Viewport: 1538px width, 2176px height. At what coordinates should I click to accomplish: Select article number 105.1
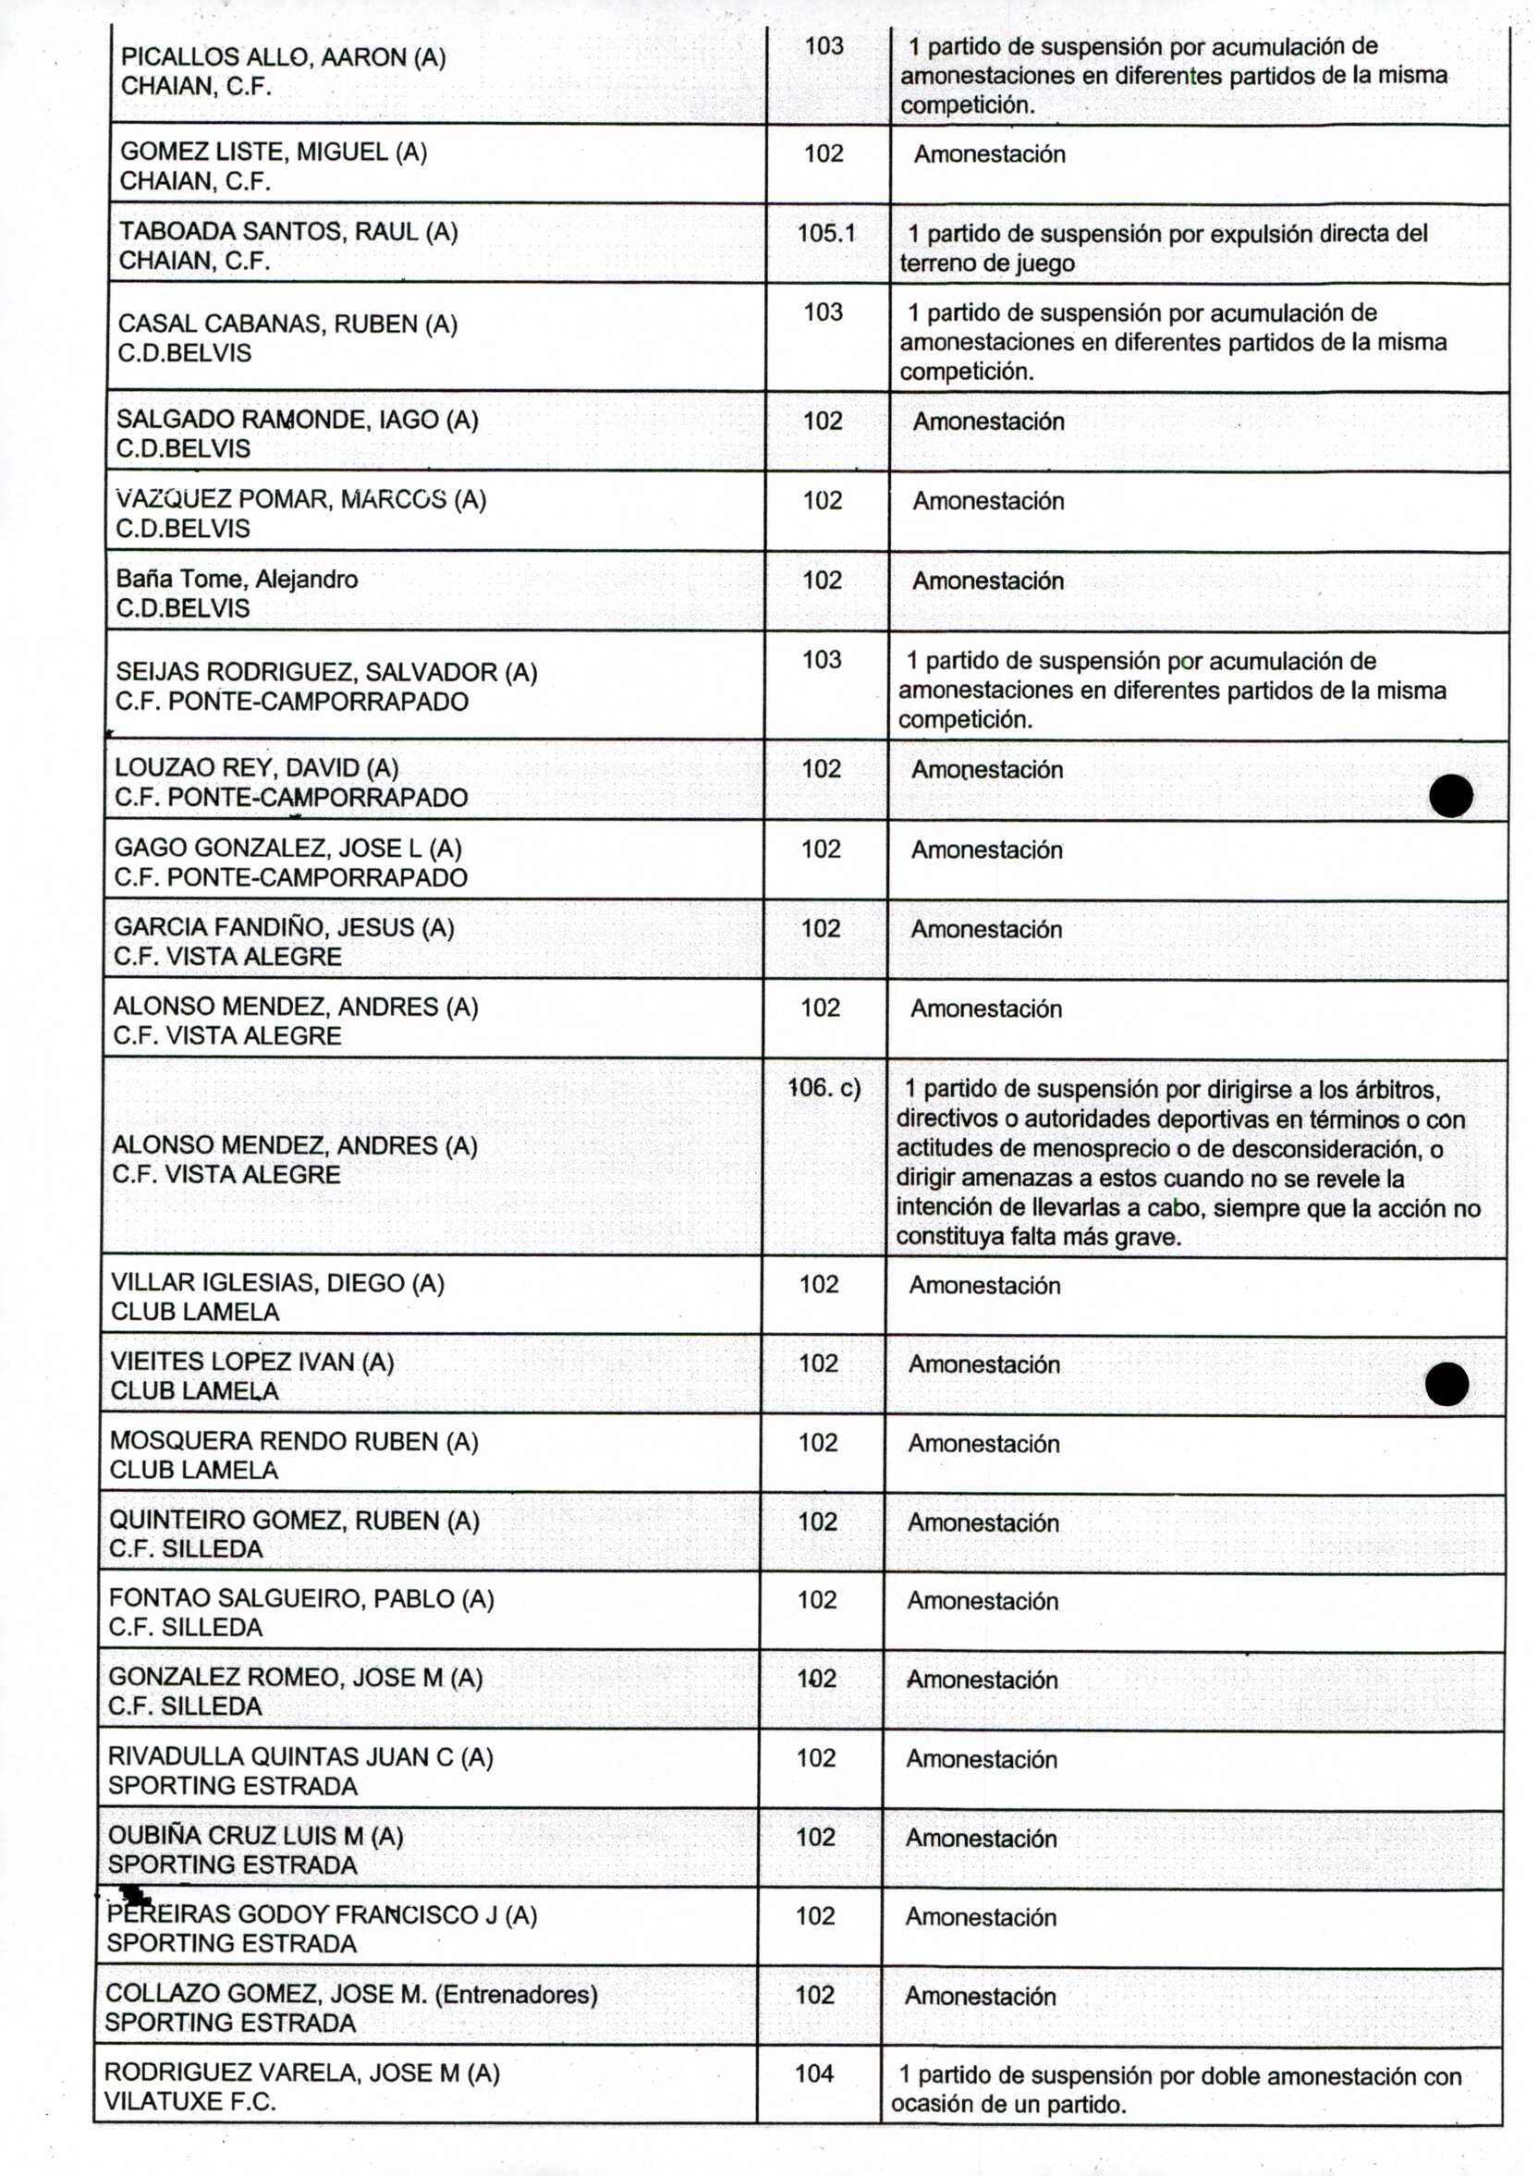coord(825,233)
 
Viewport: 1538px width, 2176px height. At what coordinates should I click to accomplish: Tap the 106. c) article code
coord(824,1088)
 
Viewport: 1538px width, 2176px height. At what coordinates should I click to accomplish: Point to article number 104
coord(814,2072)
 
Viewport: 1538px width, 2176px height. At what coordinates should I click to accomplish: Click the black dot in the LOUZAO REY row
coord(1451,796)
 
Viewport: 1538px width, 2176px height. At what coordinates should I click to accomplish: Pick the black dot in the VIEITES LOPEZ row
coord(1446,1385)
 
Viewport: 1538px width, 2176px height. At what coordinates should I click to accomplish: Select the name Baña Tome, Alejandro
coord(237,579)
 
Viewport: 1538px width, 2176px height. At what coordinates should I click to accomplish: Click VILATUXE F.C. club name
coord(189,2101)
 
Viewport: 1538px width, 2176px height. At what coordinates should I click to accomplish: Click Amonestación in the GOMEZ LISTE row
coord(988,154)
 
